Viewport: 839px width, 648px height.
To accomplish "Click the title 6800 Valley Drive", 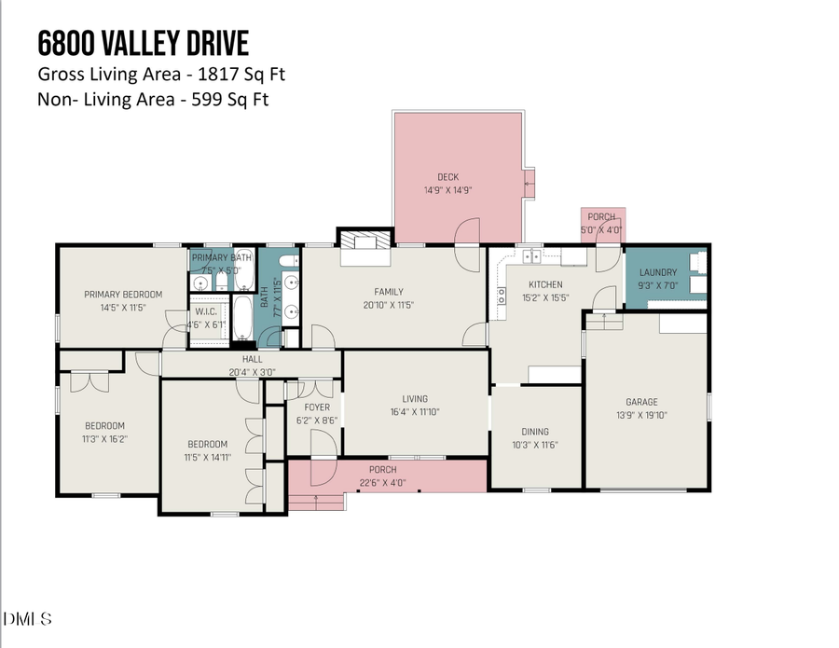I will click(143, 43).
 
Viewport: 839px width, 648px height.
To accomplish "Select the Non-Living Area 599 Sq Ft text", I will click(153, 99).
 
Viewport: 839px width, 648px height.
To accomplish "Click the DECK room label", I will click(448, 177).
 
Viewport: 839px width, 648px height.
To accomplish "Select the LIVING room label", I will click(415, 398).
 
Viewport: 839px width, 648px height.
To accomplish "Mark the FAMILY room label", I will click(389, 292).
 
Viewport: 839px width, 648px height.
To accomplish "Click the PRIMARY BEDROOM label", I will click(123, 295).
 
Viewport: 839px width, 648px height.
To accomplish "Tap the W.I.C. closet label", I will click(206, 312).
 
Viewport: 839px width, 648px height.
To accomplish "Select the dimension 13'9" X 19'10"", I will click(641, 416).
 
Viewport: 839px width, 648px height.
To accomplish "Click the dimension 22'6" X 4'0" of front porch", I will click(383, 481).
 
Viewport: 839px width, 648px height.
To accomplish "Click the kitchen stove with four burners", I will click(502, 296).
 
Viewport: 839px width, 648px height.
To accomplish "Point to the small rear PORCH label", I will click(601, 216).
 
